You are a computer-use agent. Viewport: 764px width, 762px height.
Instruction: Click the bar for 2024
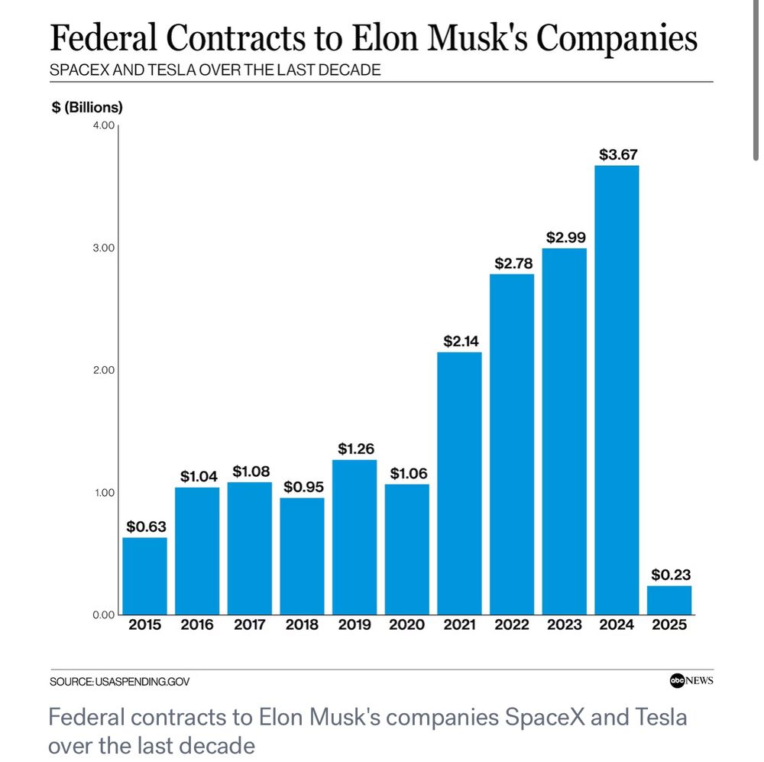pos(617,390)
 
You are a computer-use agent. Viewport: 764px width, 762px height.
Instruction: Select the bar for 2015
pos(144,576)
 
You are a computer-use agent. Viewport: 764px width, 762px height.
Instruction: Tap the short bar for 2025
pos(669,600)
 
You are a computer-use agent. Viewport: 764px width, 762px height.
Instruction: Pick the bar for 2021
pos(459,483)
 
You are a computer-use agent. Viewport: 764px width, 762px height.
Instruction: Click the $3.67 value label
pos(617,154)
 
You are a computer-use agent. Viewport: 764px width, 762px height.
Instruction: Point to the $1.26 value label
pos(354,449)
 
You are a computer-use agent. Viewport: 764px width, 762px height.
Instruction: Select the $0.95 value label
pos(302,486)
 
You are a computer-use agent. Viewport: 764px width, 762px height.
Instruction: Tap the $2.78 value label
pos(512,263)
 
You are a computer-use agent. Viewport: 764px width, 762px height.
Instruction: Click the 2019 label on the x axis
pos(354,625)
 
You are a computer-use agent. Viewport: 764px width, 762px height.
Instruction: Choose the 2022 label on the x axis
pos(512,625)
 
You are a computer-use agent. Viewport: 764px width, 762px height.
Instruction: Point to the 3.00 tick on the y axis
pos(102,248)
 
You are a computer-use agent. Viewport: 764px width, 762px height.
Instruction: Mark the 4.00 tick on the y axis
pos(102,125)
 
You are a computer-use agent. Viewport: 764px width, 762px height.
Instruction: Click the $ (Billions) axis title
pos(86,107)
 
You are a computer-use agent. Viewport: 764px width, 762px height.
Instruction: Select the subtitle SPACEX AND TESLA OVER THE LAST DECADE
pos(215,70)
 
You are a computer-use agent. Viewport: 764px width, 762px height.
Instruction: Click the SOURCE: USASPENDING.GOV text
pos(119,681)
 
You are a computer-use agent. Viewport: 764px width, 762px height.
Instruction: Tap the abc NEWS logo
pos(691,680)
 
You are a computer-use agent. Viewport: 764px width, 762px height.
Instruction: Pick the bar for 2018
pos(302,556)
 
